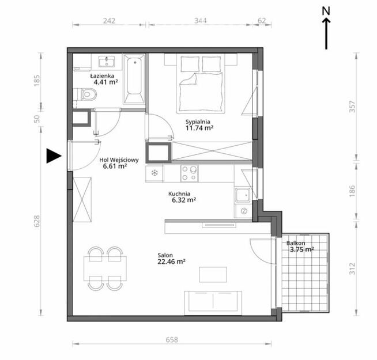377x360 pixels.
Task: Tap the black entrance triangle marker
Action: click(53, 156)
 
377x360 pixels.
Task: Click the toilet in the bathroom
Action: click(88, 93)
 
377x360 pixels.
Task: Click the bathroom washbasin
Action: click(106, 61)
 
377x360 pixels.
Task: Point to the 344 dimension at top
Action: click(201, 21)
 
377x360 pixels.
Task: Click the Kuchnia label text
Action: click(180, 194)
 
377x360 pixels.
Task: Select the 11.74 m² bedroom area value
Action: click(199, 128)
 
